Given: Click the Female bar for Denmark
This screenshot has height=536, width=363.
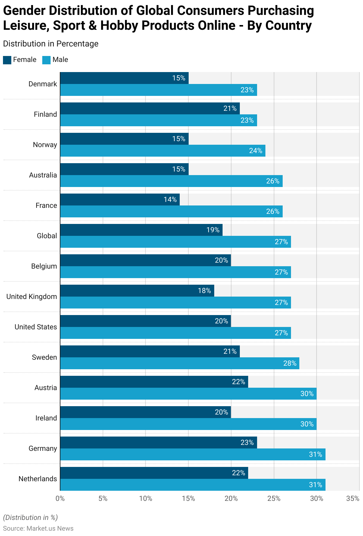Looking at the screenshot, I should pyautogui.click(x=124, y=78).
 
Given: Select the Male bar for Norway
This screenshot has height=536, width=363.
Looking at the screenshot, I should pyautogui.click(x=162, y=151).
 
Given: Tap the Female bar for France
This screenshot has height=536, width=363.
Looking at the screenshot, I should pyautogui.click(x=120, y=200).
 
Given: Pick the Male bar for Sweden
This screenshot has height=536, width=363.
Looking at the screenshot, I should pyautogui.click(x=180, y=363).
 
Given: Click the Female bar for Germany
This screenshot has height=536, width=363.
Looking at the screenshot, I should pyautogui.click(x=158, y=442).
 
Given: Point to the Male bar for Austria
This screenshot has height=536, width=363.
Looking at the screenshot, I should pyautogui.click(x=188, y=394).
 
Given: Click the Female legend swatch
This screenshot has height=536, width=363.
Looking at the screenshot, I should pyautogui.click(x=7, y=60).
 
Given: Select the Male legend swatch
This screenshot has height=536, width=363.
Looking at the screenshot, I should pyautogui.click(x=46, y=60).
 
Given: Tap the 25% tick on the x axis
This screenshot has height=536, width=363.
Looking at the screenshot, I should pyautogui.click(x=274, y=498).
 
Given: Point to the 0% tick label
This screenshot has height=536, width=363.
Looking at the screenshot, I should pyautogui.click(x=60, y=498).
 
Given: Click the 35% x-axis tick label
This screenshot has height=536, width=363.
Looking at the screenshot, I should pyautogui.click(x=353, y=498).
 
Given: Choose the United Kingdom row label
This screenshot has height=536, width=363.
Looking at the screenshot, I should pyautogui.click(x=32, y=297).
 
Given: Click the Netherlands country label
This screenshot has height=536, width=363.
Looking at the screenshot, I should pyautogui.click(x=38, y=479).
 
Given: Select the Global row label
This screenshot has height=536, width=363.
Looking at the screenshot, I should pyautogui.click(x=47, y=236).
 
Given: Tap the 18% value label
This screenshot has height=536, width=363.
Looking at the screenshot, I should pyautogui.click(x=204, y=291).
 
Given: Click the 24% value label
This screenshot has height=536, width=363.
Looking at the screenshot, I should pyautogui.click(x=256, y=151).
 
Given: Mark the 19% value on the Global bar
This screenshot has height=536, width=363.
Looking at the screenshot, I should pyautogui.click(x=213, y=230).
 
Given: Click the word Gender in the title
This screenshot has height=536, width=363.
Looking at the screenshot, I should pyautogui.click(x=24, y=11).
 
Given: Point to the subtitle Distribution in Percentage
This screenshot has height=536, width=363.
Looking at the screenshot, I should pyautogui.click(x=51, y=44).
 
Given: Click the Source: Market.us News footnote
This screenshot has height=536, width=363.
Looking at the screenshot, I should pyautogui.click(x=38, y=528).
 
